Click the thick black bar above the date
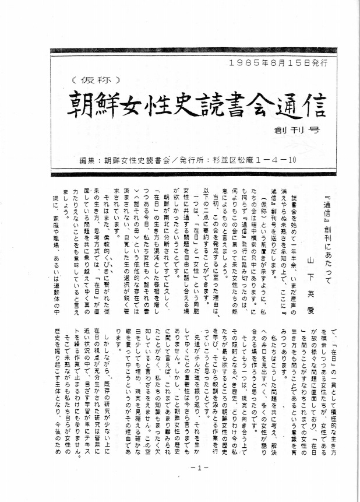(x=198, y=51)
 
